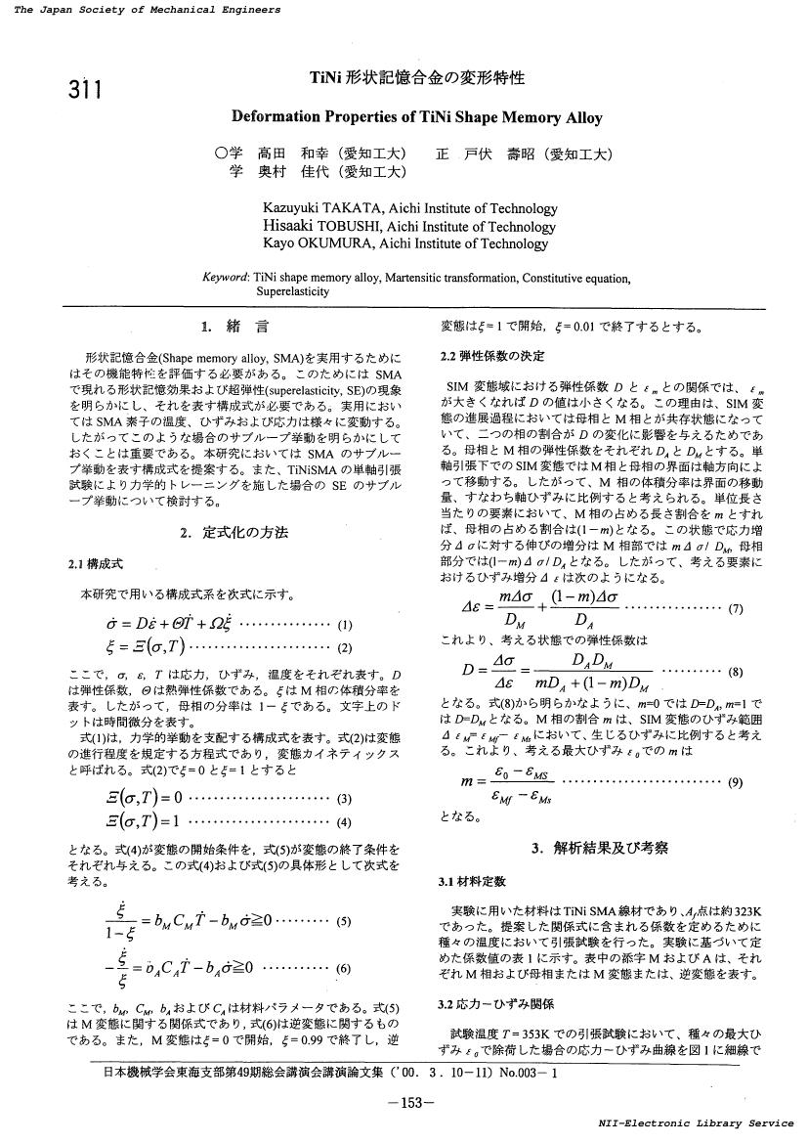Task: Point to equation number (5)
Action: pyautogui.click(x=343, y=920)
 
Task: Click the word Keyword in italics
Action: pyautogui.click(x=225, y=278)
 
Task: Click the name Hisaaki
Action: pyautogui.click(x=289, y=226)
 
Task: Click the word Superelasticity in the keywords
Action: pyautogui.click(x=293, y=291)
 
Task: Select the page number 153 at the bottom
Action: pyautogui.click(x=404, y=1103)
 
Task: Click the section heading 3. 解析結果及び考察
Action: pyautogui.click(x=600, y=848)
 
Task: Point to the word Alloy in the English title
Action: pyautogui.click(x=580, y=118)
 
